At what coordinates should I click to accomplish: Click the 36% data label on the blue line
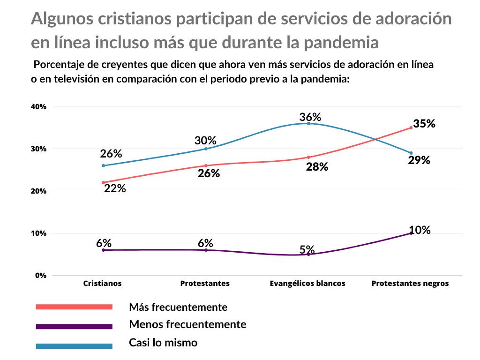pyautogui.click(x=310, y=117)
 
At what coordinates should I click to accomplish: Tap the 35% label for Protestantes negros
pyautogui.click(x=425, y=124)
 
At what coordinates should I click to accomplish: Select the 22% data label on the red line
pyautogui.click(x=115, y=188)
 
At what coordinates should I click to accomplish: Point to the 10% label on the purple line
pyautogui.click(x=420, y=230)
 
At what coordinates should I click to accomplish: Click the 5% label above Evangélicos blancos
pyautogui.click(x=307, y=249)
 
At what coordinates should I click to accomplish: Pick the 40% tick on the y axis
pyautogui.click(x=38, y=107)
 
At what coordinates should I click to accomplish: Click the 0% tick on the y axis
pyautogui.click(x=41, y=276)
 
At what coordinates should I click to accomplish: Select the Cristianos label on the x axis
pyautogui.click(x=102, y=284)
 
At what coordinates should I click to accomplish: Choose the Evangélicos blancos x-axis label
pyautogui.click(x=307, y=284)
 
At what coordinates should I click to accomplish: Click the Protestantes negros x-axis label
pyautogui.click(x=410, y=284)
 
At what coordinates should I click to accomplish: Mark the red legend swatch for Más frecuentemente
pyautogui.click(x=74, y=307)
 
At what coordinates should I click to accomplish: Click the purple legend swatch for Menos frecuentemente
pyautogui.click(x=74, y=326)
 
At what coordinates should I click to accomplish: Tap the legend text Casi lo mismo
pyautogui.click(x=163, y=343)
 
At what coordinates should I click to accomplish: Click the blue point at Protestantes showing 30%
pyautogui.click(x=206, y=149)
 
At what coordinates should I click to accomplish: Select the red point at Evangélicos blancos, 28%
pyautogui.click(x=308, y=157)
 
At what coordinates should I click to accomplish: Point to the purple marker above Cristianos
pyautogui.click(x=103, y=250)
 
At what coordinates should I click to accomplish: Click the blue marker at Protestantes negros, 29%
pyautogui.click(x=411, y=153)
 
